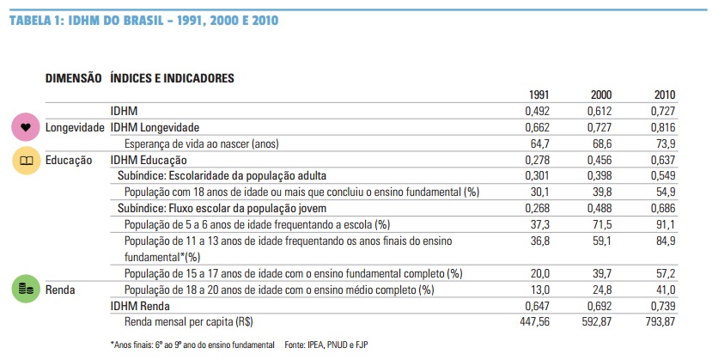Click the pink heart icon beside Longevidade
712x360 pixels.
pyautogui.click(x=26, y=127)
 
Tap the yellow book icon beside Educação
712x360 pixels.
pyautogui.click(x=26, y=161)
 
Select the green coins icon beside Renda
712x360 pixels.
pyautogui.click(x=26, y=289)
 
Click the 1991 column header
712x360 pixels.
pyautogui.click(x=539, y=95)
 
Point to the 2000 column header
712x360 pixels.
pyautogui.click(x=600, y=95)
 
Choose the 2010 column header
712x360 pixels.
pyautogui.click(x=664, y=95)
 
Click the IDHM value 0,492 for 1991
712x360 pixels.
pyautogui.click(x=537, y=111)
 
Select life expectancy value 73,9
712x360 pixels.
pyautogui.click(x=666, y=143)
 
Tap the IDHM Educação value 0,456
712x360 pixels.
pyautogui.click(x=599, y=161)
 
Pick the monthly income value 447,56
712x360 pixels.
pyautogui.click(x=534, y=322)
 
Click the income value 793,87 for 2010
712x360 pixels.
pyautogui.click(x=660, y=322)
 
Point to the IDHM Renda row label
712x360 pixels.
pyautogui.click(x=140, y=306)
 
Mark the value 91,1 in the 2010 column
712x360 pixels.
pyautogui.click(x=666, y=225)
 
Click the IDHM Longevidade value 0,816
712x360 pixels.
pyautogui.click(x=663, y=127)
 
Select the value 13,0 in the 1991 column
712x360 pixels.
pyautogui.click(x=540, y=290)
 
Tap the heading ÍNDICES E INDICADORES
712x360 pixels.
pyautogui.click(x=172, y=78)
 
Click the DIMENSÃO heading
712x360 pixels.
pyautogui.click(x=74, y=78)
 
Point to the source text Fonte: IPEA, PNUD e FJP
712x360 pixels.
pyautogui.click(x=326, y=345)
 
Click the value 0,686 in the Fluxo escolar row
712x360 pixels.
pyautogui.click(x=663, y=209)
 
